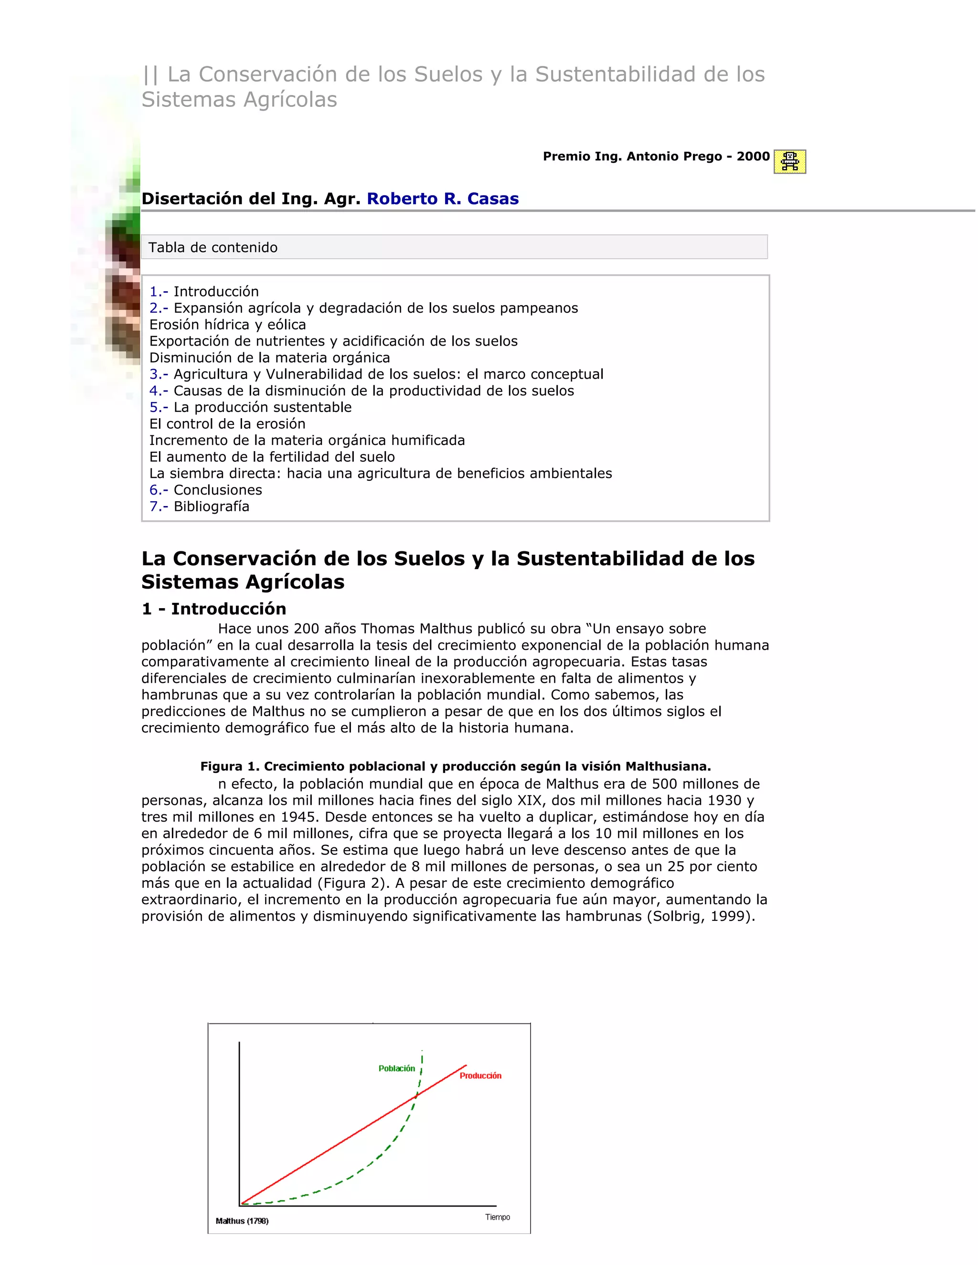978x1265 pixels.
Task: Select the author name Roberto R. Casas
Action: [443, 199]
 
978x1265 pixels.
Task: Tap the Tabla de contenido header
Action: [213, 247]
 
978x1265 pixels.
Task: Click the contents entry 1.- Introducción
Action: [204, 291]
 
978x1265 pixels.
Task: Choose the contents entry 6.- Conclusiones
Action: [206, 490]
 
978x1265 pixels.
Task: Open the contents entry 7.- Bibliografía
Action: [199, 506]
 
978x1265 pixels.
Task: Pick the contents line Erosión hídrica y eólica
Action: [228, 324]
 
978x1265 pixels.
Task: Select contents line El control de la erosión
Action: [227, 423]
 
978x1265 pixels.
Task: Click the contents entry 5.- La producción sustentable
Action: [250, 407]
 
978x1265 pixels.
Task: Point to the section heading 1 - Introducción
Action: [214, 609]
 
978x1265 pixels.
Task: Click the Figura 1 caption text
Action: [456, 766]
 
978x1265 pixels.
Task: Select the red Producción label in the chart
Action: [480, 1075]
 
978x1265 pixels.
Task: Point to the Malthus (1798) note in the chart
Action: [242, 1221]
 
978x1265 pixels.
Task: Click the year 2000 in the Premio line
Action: [753, 157]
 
